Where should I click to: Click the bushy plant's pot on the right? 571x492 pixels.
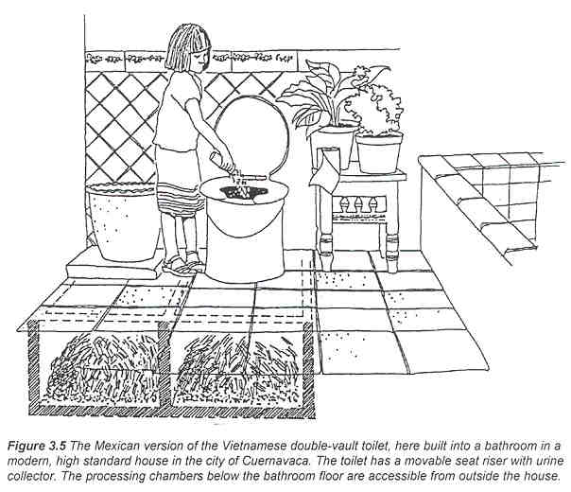coord(380,151)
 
